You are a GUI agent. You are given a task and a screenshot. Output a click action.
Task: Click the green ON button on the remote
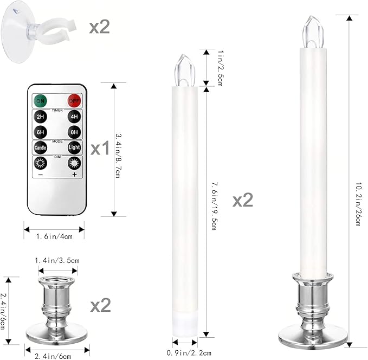click(40, 100)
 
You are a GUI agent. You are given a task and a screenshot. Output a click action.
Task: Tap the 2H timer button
click(40, 117)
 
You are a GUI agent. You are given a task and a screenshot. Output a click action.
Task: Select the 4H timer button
click(74, 117)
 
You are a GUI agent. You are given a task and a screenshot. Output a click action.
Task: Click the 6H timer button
click(40, 132)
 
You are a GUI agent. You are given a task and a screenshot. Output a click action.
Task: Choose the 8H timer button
click(74, 132)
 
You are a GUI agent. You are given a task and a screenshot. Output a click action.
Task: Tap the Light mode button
click(74, 147)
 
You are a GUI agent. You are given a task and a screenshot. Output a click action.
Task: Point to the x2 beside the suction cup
click(98, 27)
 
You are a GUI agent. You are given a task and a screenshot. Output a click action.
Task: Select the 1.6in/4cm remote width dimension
click(54, 236)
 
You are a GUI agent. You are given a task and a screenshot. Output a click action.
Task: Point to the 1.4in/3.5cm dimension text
click(57, 260)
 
